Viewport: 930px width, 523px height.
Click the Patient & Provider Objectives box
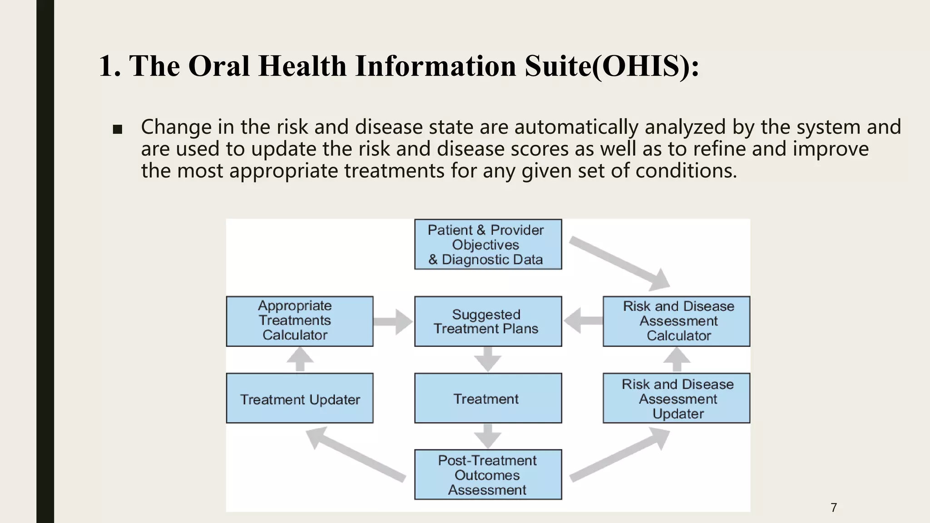point(488,244)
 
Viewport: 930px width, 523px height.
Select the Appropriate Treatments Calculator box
point(300,321)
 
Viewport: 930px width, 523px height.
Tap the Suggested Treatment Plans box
point(488,321)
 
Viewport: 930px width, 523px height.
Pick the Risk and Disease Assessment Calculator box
point(676,321)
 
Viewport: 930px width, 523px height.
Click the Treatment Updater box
point(300,398)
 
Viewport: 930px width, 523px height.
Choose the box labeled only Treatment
point(488,398)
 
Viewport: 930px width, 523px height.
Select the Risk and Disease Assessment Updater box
point(676,398)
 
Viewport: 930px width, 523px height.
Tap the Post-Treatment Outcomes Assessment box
point(488,474)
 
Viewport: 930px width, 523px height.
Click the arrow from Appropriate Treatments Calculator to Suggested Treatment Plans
point(393,322)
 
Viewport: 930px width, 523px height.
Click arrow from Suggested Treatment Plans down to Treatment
point(488,359)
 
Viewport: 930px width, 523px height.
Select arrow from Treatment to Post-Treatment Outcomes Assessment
point(488,436)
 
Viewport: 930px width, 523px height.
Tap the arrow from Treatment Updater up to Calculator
point(300,360)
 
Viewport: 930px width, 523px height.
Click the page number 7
point(834,508)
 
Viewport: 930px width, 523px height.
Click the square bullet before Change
point(117,130)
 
